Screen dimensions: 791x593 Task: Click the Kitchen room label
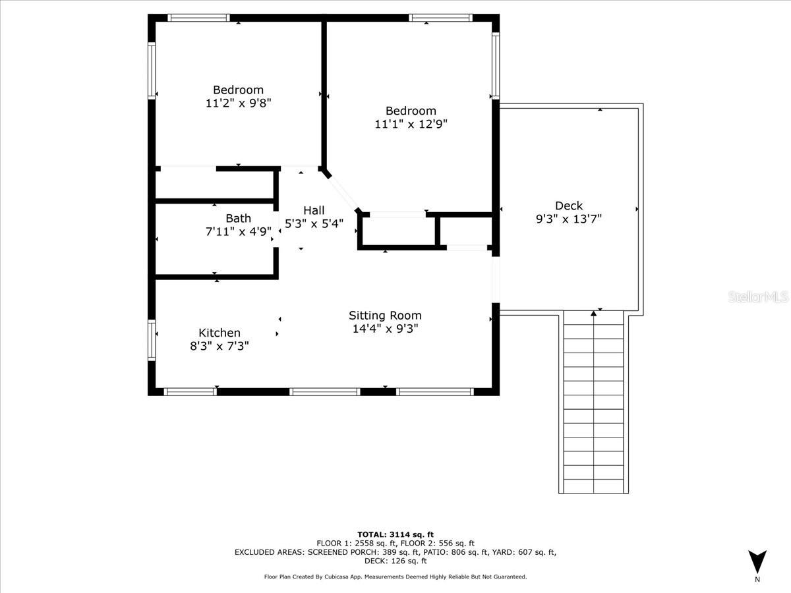(x=220, y=332)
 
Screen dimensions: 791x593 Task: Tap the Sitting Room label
(x=385, y=316)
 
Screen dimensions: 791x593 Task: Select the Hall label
(x=314, y=210)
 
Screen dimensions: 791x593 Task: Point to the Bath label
(x=238, y=218)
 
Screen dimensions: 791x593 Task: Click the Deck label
(x=569, y=206)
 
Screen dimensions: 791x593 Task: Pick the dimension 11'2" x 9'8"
(x=238, y=103)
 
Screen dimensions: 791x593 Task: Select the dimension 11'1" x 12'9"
(x=411, y=125)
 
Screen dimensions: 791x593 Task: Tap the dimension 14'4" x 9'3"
(x=385, y=329)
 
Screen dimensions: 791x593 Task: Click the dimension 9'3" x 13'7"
(x=569, y=219)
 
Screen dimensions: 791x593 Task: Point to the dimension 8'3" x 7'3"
(x=220, y=346)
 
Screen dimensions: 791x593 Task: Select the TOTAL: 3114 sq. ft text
(x=395, y=534)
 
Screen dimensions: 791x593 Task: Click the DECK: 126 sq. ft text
(x=395, y=561)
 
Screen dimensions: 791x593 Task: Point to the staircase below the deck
(x=593, y=402)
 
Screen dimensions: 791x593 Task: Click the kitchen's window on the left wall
(x=152, y=340)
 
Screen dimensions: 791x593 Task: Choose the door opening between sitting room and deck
(x=496, y=279)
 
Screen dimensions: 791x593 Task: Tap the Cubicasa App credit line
(x=395, y=577)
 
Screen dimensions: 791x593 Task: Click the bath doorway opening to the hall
(x=276, y=229)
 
